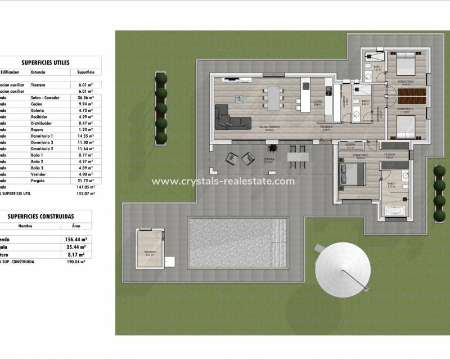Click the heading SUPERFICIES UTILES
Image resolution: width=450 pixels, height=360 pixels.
tap(46, 63)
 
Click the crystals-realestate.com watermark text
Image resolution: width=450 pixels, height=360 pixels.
tap(223, 181)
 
